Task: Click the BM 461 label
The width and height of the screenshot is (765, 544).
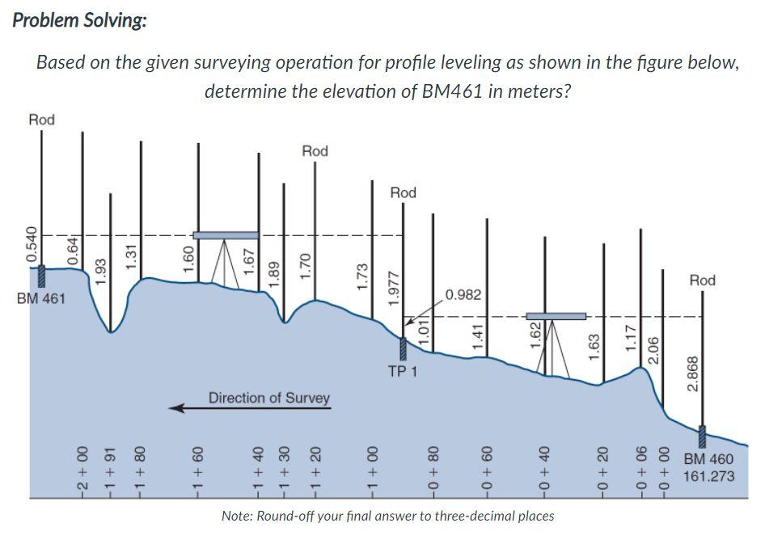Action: [41, 299]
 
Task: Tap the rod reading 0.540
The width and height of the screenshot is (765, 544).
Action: [32, 245]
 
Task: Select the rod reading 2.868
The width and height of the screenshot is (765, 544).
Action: [691, 373]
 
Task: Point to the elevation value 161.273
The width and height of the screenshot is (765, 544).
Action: [709, 476]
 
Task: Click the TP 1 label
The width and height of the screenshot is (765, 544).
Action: [402, 373]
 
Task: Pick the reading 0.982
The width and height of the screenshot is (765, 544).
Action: [464, 294]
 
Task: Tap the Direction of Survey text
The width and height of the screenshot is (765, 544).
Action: [269, 398]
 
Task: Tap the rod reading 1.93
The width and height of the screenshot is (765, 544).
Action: [101, 271]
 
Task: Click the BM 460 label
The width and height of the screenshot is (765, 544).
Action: [708, 460]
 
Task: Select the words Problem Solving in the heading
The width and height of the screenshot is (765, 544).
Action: [79, 20]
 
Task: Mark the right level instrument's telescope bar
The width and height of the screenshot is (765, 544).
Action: [556, 316]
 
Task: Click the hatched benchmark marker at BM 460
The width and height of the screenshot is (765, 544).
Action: [702, 436]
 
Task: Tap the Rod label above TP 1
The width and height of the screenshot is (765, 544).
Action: [403, 192]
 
